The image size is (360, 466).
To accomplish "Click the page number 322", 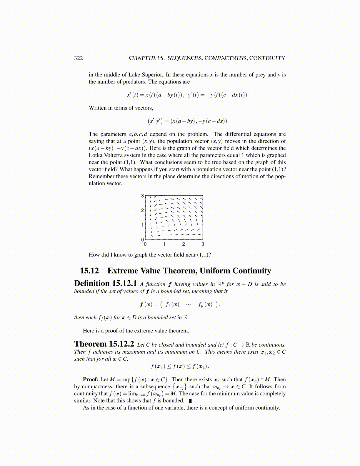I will [x=78, y=58].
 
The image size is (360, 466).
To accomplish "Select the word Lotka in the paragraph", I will [x=96, y=155].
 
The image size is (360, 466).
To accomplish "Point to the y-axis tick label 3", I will [x=142, y=196].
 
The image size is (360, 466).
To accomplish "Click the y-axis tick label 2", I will [x=142, y=210].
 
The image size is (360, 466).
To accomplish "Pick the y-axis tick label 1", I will [x=142, y=225].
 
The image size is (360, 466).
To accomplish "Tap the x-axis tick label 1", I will [x=164, y=244].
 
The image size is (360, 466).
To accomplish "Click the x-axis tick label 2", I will [x=184, y=244].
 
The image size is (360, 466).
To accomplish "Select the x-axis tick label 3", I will [x=203, y=244].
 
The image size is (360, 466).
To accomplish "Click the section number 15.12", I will [x=89, y=271].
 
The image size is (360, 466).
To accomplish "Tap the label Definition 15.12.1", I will [x=105, y=284].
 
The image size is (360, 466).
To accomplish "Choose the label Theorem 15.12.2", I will [x=104, y=344].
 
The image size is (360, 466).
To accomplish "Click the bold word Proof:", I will [x=91, y=380].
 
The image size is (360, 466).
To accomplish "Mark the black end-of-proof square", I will [x=191, y=401].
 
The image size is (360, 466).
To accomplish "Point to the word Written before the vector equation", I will [x=98, y=108].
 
